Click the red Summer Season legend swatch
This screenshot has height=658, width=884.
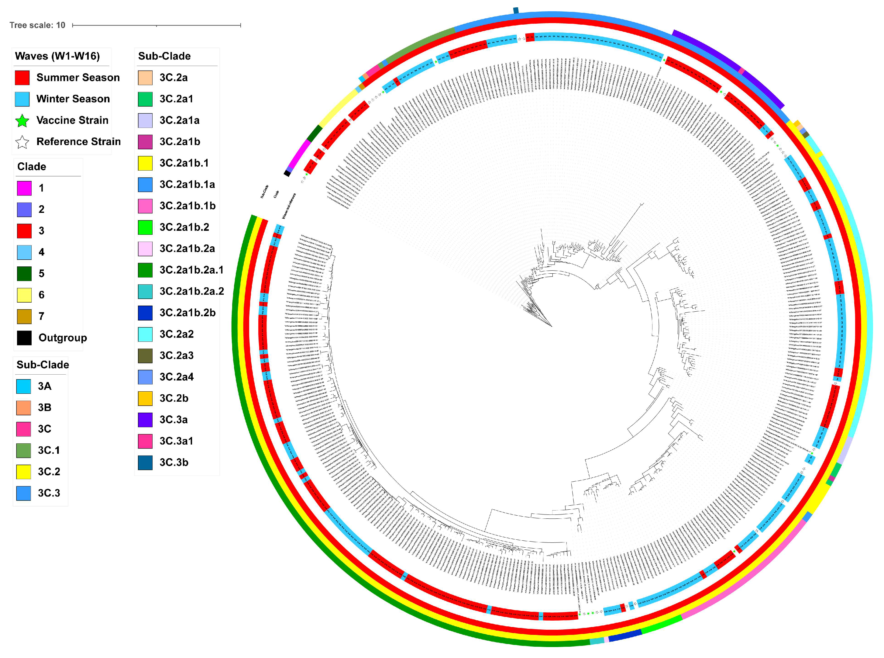point(22,78)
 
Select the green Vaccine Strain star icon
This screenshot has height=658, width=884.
point(22,121)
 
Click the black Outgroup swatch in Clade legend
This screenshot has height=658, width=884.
point(24,338)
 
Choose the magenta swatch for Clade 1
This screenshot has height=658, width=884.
point(24,188)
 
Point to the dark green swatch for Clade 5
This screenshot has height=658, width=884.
point(24,274)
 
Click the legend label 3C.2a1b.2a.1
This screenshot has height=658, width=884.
point(191,270)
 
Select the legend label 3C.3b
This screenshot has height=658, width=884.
point(174,462)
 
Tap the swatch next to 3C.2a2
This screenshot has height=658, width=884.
point(145,334)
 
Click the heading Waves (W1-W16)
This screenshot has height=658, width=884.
point(57,56)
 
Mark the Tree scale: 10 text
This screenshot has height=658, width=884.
point(37,25)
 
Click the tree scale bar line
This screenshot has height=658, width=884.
point(157,25)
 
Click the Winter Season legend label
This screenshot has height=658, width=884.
point(73,99)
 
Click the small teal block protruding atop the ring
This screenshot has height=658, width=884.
point(516,10)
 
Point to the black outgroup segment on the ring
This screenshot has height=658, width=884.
point(287,174)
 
